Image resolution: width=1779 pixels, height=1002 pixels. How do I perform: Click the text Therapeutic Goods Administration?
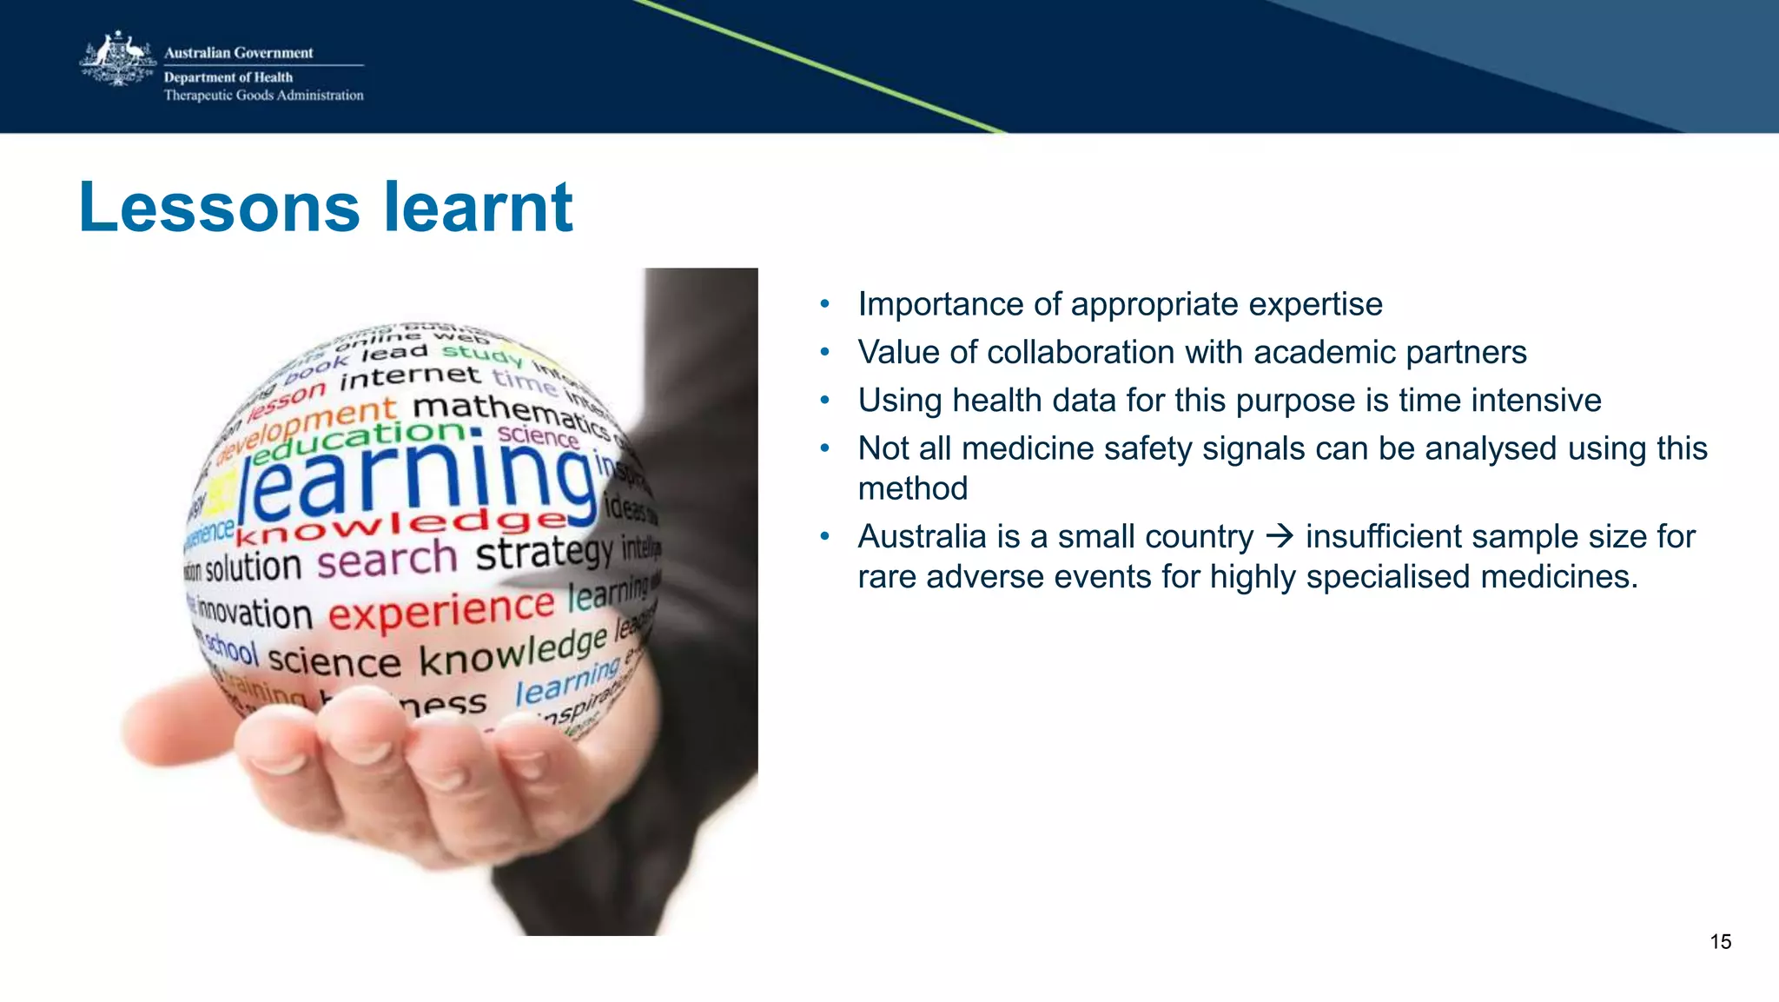tap(263, 96)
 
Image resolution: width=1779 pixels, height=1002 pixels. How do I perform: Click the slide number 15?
tap(1720, 942)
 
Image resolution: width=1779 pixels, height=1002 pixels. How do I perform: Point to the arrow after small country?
tap(1280, 536)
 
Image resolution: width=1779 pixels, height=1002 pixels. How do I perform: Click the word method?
tap(912, 488)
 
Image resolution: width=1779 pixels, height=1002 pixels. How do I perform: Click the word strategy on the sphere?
tap(544, 553)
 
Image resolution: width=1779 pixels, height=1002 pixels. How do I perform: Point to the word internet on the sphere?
tap(409, 378)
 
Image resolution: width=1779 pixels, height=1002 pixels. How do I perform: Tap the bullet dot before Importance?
tap(825, 304)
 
